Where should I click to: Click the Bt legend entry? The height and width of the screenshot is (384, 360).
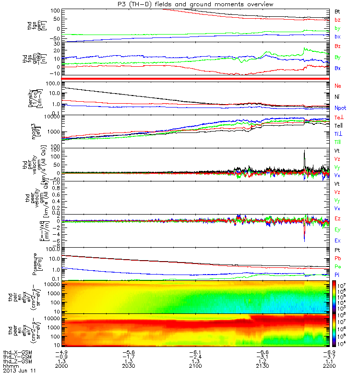tap(337, 11)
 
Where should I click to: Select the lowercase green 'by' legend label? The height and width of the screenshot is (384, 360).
tap(337, 28)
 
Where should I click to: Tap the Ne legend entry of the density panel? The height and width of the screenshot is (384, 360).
tap(338, 85)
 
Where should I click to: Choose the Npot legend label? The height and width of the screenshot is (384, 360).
tap(340, 108)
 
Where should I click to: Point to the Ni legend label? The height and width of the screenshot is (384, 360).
tap(337, 97)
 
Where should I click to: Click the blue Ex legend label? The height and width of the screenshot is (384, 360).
tap(337, 240)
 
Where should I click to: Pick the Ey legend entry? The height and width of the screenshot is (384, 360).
tap(337, 229)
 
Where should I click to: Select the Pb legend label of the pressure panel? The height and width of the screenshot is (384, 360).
tap(337, 258)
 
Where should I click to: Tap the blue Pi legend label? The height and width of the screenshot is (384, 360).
tap(337, 275)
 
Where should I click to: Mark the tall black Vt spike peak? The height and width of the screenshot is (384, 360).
tap(304, 150)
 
